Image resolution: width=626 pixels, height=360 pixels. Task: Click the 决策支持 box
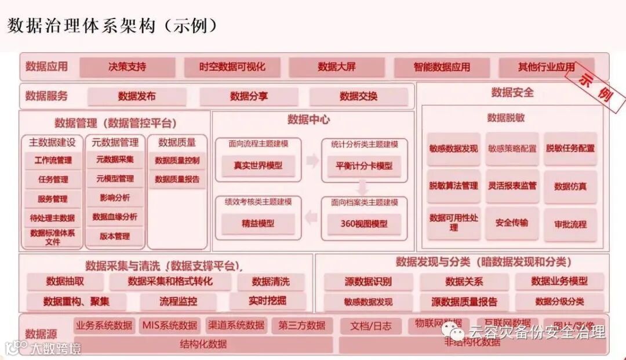(127, 67)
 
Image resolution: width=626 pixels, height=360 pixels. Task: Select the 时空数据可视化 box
(232, 67)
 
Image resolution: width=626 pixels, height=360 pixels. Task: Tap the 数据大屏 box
(336, 67)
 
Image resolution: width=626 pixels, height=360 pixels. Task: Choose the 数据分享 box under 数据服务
(249, 96)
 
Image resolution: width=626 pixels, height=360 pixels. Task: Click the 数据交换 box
(358, 96)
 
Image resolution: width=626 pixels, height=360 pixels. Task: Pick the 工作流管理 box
(53, 160)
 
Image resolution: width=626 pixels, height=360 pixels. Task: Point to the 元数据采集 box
(115, 159)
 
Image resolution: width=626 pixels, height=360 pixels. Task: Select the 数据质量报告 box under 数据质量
(177, 180)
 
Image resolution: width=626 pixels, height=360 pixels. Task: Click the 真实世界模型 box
(258, 165)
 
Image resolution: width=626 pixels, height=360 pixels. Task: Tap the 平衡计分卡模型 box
(364, 166)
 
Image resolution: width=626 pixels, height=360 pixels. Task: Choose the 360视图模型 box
(364, 223)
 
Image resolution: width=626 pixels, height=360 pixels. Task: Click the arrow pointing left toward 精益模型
(312, 218)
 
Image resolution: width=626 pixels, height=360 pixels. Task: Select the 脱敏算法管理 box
(453, 186)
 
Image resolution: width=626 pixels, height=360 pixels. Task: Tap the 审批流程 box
(570, 224)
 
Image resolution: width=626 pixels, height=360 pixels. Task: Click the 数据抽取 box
(65, 282)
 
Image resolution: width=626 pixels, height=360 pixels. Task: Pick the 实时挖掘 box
(267, 301)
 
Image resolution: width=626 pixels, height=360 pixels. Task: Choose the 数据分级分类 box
(559, 301)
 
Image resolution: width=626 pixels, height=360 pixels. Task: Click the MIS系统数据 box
(170, 325)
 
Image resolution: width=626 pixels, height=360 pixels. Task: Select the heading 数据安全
(512, 92)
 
